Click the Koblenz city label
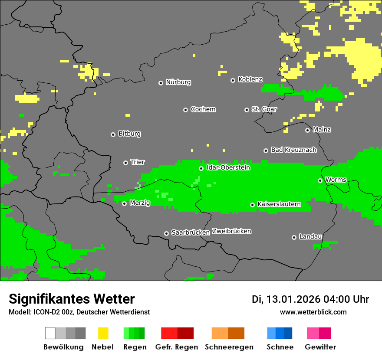tap(250, 79)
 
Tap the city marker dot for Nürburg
tap(161, 82)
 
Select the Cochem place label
tap(203, 109)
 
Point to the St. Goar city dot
tap(247, 110)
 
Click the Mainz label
tap(322, 129)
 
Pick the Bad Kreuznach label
tap(293, 150)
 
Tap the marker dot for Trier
tap(125, 163)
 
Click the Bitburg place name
tap(129, 134)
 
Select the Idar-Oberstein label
tap(228, 167)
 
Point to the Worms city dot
tap(320, 180)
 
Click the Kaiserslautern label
tap(279, 204)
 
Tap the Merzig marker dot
tap(124, 203)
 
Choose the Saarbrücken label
tap(190, 232)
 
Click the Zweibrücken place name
tap(231, 231)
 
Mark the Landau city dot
tap(294, 237)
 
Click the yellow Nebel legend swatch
tap(103, 333)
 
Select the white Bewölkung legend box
tap(50, 333)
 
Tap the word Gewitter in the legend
tap(320, 347)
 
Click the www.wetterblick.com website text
tap(313, 312)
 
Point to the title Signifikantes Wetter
tap(72, 299)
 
